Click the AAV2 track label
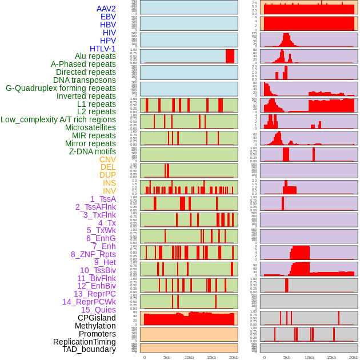(x=106, y=9)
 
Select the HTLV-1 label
(x=102, y=49)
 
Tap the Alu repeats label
(x=95, y=56)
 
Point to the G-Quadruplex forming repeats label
(x=61, y=88)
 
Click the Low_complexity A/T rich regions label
(x=58, y=119)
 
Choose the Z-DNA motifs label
(x=92, y=151)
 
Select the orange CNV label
(x=107, y=159)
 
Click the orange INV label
(x=109, y=191)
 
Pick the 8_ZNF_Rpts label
(x=93, y=254)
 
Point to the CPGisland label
(x=97, y=318)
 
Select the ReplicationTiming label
(x=84, y=342)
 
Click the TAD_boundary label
(x=89, y=349)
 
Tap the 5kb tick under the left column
(x=167, y=357)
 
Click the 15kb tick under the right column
(x=331, y=357)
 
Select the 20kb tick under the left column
(x=234, y=357)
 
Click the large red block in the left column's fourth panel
(x=230, y=56)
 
